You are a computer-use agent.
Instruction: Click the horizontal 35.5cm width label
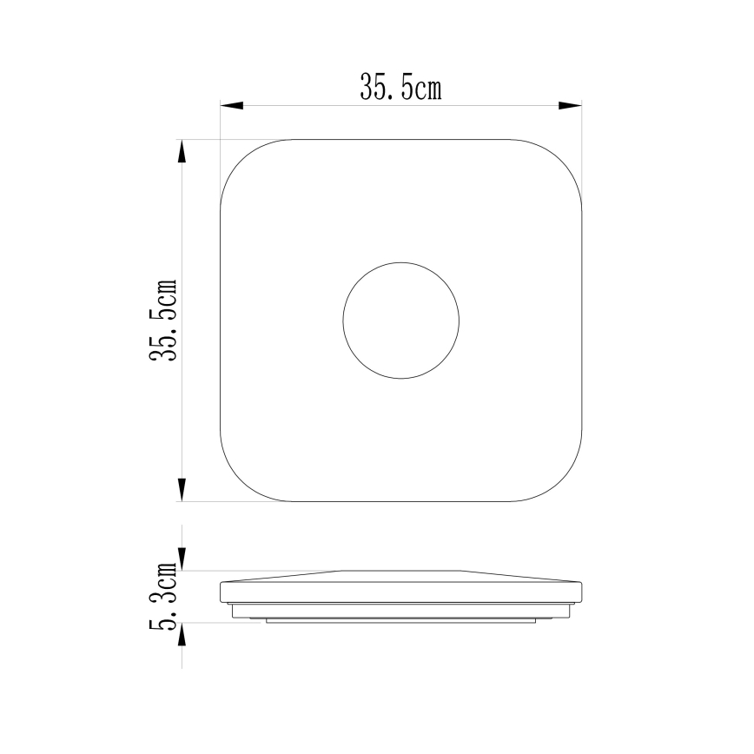pyautogui.click(x=400, y=88)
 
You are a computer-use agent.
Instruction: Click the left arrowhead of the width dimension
pyautogui.click(x=232, y=105)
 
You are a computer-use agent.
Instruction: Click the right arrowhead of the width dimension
pyautogui.click(x=570, y=105)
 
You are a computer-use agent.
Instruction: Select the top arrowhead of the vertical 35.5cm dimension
pyautogui.click(x=182, y=151)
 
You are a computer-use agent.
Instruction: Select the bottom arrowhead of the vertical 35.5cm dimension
pyautogui.click(x=182, y=490)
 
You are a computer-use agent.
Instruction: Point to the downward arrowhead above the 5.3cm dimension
pyautogui.click(x=182, y=559)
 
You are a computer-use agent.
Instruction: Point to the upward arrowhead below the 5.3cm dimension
pyautogui.click(x=182, y=634)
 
